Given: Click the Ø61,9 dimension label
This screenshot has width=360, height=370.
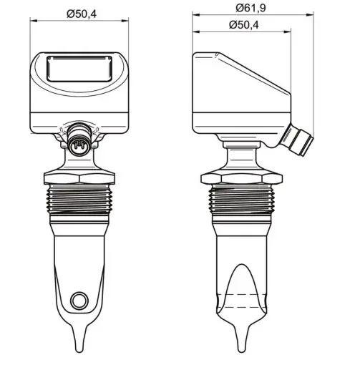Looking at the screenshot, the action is click(x=250, y=8).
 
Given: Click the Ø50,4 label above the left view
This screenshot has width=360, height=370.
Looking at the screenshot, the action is click(x=82, y=14).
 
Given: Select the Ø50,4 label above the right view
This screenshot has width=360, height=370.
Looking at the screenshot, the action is click(x=243, y=25).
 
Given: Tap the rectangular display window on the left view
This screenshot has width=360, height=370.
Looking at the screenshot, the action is click(x=79, y=69).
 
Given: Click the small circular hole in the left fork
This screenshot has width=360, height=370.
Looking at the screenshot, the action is click(x=79, y=300).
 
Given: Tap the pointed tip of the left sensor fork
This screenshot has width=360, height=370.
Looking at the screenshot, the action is click(x=79, y=351).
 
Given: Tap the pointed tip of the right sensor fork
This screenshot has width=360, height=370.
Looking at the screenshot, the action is click(x=242, y=351).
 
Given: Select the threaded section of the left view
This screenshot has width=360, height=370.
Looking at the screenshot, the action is click(x=79, y=199).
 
